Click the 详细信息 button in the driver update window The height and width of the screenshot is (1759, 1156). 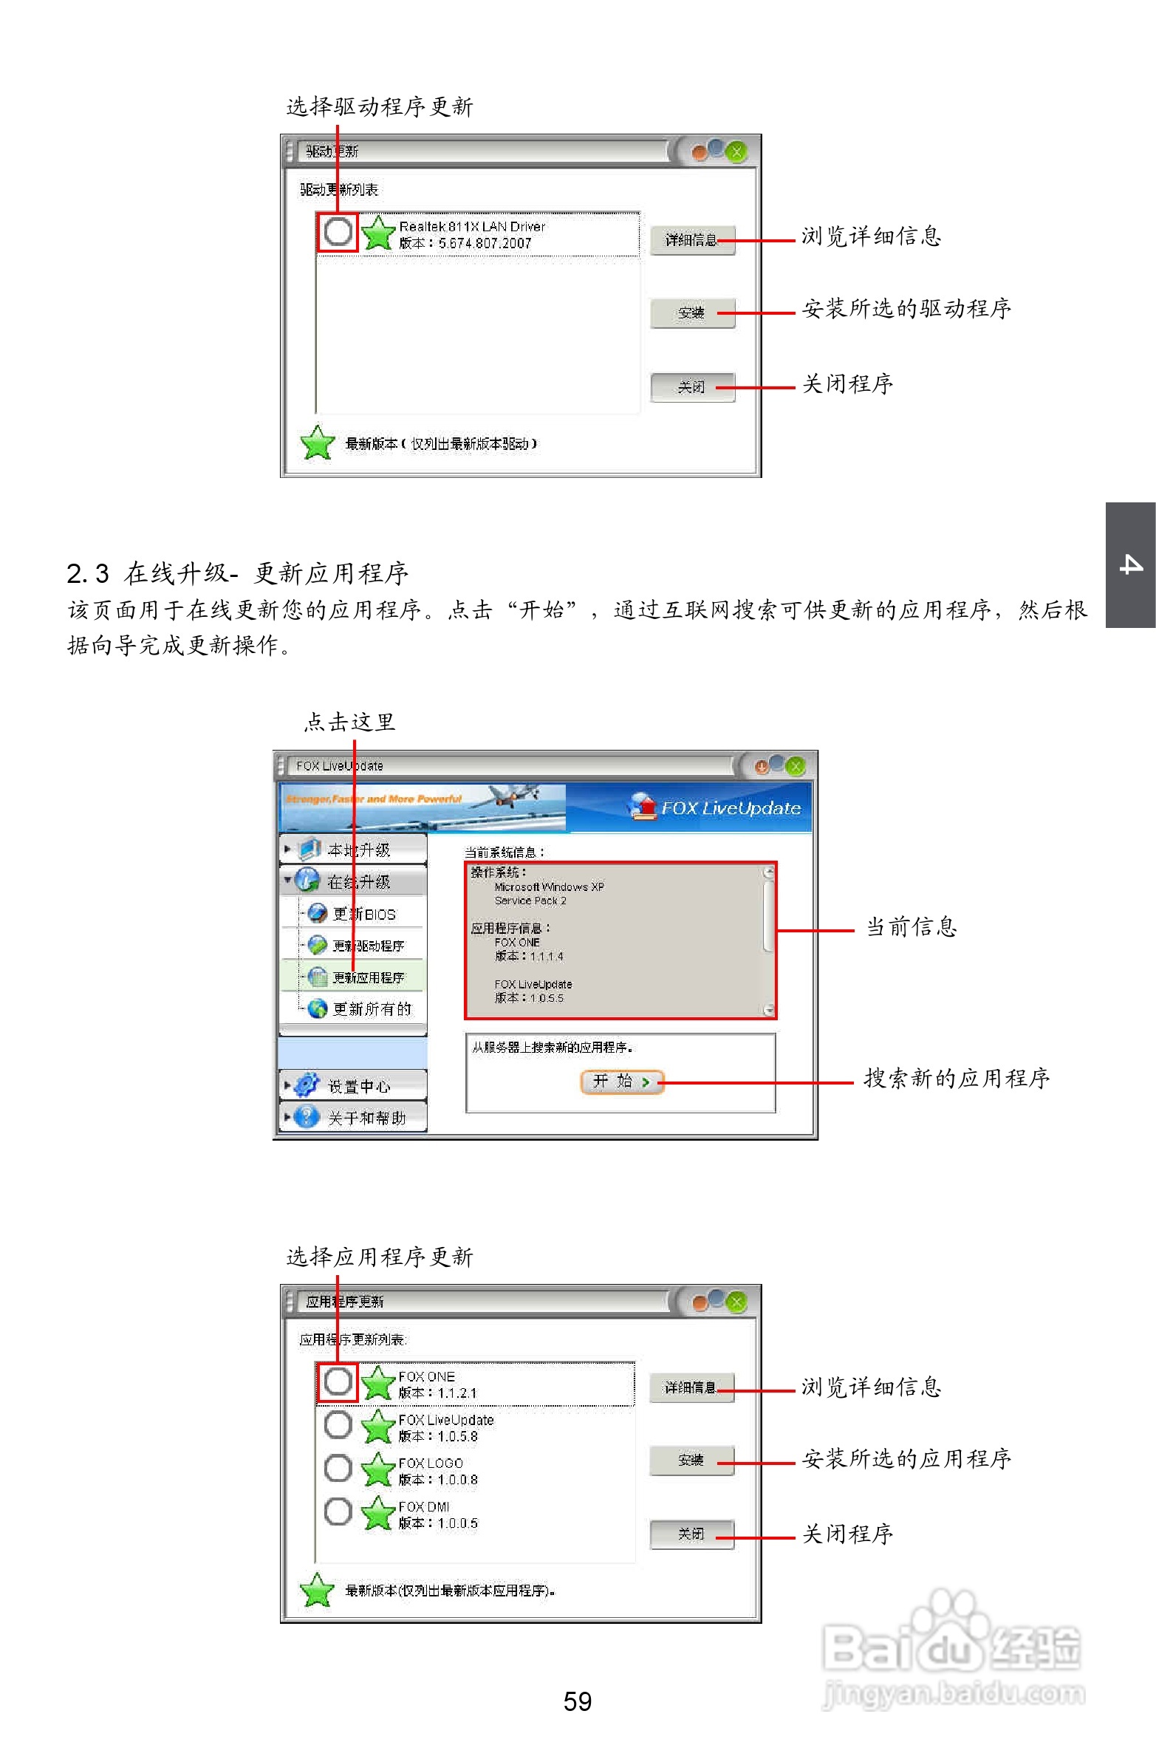tap(692, 240)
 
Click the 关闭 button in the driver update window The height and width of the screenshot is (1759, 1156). tap(692, 387)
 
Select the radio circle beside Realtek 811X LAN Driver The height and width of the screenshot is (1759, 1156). tap(338, 231)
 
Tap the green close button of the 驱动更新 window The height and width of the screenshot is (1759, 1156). tap(736, 152)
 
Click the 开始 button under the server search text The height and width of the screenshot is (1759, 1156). tap(622, 1082)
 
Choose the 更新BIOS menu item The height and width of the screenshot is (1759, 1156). tap(363, 915)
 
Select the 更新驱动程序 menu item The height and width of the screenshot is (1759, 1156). tap(367, 946)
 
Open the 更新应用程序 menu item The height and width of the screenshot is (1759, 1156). tap(367, 977)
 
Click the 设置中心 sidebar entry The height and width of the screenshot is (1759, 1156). tap(358, 1086)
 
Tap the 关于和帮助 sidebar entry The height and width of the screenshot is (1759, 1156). tap(366, 1118)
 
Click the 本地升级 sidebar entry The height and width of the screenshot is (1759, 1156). tap(358, 850)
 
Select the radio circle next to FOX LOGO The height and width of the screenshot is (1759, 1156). tap(338, 1469)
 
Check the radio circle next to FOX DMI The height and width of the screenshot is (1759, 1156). tap(338, 1512)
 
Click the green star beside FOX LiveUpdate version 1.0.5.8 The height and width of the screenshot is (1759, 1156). tap(377, 1427)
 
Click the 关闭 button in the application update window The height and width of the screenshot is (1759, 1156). tap(691, 1534)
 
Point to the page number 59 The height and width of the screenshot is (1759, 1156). tap(577, 1701)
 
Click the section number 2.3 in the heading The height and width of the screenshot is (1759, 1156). tap(87, 573)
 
